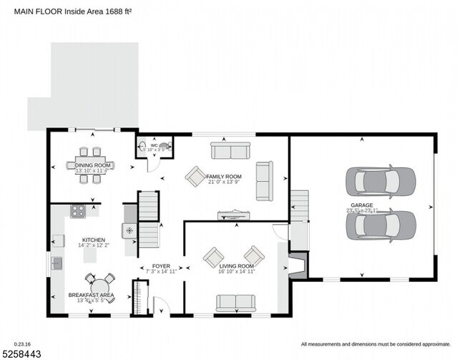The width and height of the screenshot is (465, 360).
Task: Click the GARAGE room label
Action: click(361, 205)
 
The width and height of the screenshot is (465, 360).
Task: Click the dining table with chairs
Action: click(90, 165)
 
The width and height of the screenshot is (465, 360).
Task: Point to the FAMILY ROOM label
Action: click(224, 176)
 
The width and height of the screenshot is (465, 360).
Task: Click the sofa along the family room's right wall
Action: click(264, 180)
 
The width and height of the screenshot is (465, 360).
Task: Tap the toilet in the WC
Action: click(165, 147)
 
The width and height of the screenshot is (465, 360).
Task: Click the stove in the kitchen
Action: click(77, 212)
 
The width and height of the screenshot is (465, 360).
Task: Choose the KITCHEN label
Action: click(94, 240)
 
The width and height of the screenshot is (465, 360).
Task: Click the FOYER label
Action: click(161, 266)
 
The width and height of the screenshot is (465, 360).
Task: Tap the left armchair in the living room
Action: click(214, 256)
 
